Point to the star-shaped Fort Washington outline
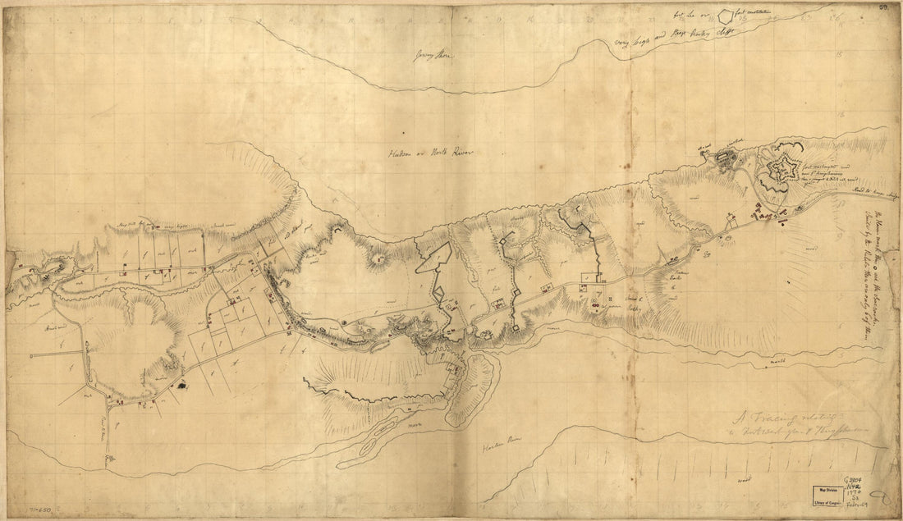[778, 171]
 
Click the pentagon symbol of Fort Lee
[726, 15]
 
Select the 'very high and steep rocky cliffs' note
[678, 38]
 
